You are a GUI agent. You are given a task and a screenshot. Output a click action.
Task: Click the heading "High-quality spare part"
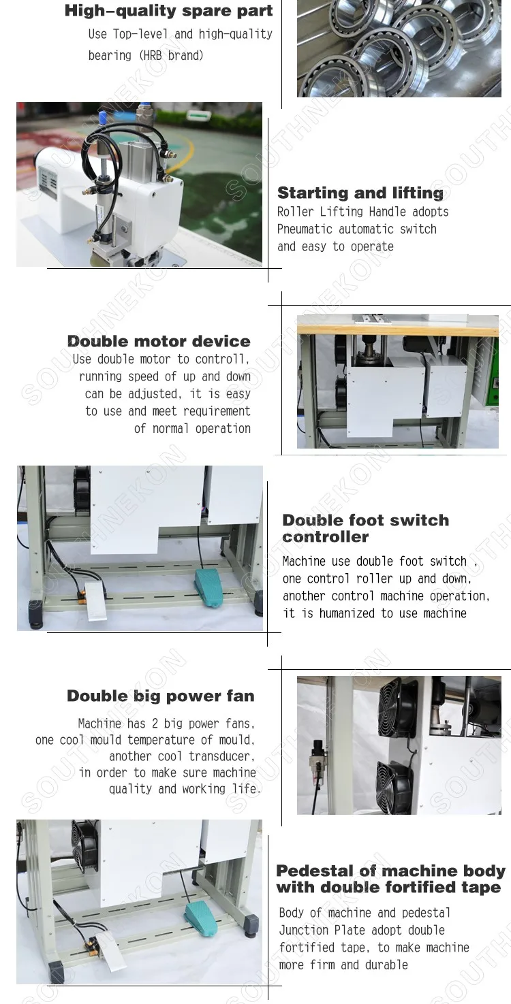point(169,11)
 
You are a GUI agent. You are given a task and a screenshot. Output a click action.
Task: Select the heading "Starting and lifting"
point(360,193)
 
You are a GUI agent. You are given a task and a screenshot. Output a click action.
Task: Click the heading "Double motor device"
point(159,341)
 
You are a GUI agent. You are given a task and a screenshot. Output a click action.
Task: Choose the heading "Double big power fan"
point(161,696)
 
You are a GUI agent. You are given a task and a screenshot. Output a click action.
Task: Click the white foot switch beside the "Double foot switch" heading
point(95,601)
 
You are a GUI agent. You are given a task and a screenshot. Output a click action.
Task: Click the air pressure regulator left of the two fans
point(319,762)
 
